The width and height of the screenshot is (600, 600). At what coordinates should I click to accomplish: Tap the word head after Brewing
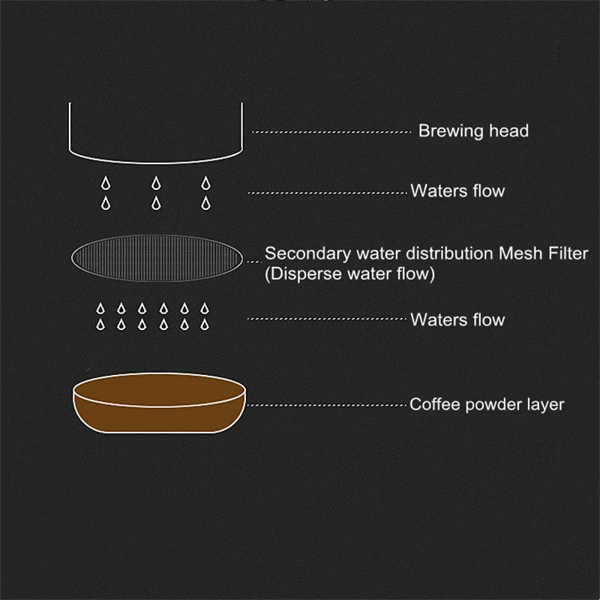pyautogui.click(x=508, y=131)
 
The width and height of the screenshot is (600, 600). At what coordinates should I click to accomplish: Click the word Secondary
pyautogui.click(x=300, y=253)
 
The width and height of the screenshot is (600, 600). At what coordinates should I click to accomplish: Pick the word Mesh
pyautogui.click(x=520, y=253)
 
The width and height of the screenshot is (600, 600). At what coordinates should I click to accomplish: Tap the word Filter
pyautogui.click(x=566, y=253)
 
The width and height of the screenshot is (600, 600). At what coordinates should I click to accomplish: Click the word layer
pyautogui.click(x=545, y=406)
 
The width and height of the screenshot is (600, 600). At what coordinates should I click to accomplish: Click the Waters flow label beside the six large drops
pyautogui.click(x=457, y=191)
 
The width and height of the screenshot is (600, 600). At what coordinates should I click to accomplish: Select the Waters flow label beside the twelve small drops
pyautogui.click(x=457, y=320)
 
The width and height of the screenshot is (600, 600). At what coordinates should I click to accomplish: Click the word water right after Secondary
pyautogui.click(x=361, y=253)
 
